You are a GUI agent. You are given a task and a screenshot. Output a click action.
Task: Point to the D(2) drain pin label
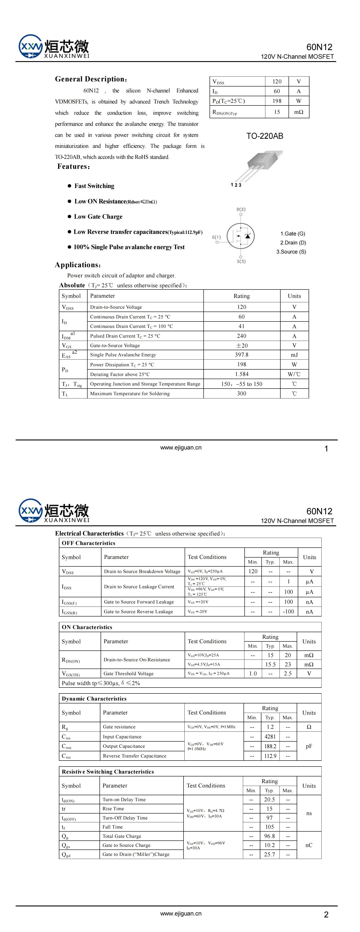tap(241, 209)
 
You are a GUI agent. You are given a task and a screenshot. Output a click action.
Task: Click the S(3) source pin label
tap(241, 261)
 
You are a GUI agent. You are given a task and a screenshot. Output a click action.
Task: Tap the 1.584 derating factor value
tap(241, 374)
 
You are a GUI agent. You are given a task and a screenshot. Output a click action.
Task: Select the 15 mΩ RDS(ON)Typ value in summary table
tap(277, 112)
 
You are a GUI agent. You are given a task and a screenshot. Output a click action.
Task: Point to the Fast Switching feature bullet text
tap(94, 186)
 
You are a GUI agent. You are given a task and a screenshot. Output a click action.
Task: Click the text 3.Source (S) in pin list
tap(291, 252)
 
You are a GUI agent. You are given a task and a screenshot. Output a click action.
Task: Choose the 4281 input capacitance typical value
tap(270, 736)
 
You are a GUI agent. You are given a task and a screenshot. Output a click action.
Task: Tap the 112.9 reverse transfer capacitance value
tap(270, 756)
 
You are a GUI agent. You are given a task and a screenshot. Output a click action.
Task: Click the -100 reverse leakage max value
tap(288, 611)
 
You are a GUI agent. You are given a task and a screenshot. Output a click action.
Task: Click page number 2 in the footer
tap(326, 914)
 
